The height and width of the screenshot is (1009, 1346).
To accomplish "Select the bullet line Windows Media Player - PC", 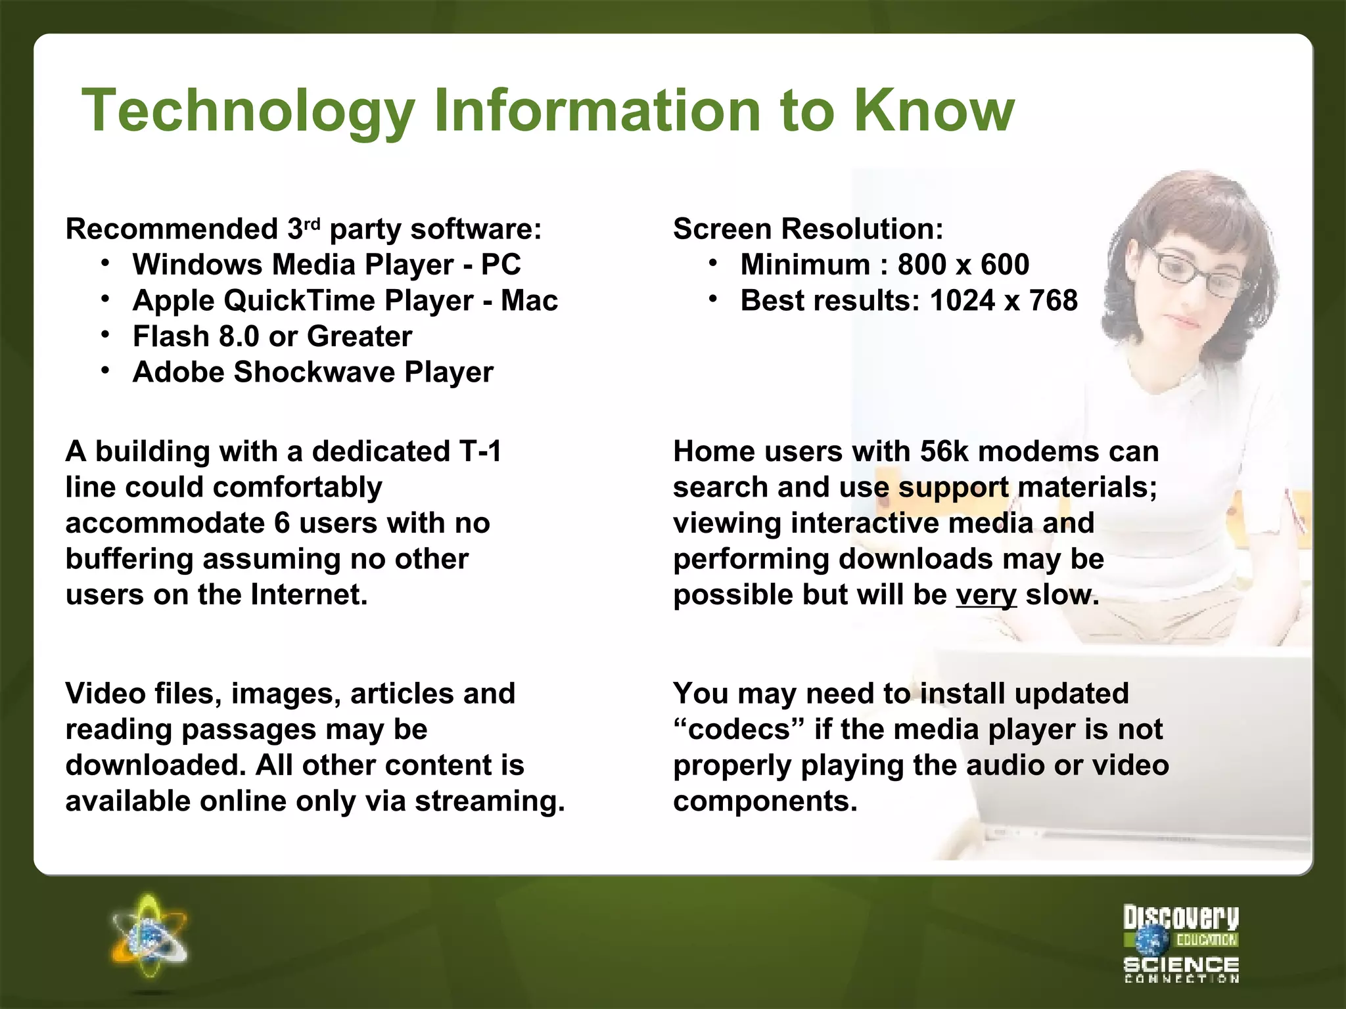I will [326, 265].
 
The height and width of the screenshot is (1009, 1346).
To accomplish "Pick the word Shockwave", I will [314, 372].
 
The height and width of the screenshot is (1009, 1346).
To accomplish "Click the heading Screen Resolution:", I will [808, 229].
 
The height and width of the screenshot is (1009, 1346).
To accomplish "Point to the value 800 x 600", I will [963, 265].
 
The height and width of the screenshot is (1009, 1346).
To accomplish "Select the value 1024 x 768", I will [1004, 301].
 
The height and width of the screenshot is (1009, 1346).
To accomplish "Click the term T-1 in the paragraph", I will [480, 451].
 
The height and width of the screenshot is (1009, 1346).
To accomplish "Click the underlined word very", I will [986, 595].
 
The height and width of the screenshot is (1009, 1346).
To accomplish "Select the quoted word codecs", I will [739, 730].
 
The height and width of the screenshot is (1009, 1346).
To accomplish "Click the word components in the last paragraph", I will [765, 801].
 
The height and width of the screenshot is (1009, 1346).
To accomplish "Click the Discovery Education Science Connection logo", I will [1180, 943].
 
